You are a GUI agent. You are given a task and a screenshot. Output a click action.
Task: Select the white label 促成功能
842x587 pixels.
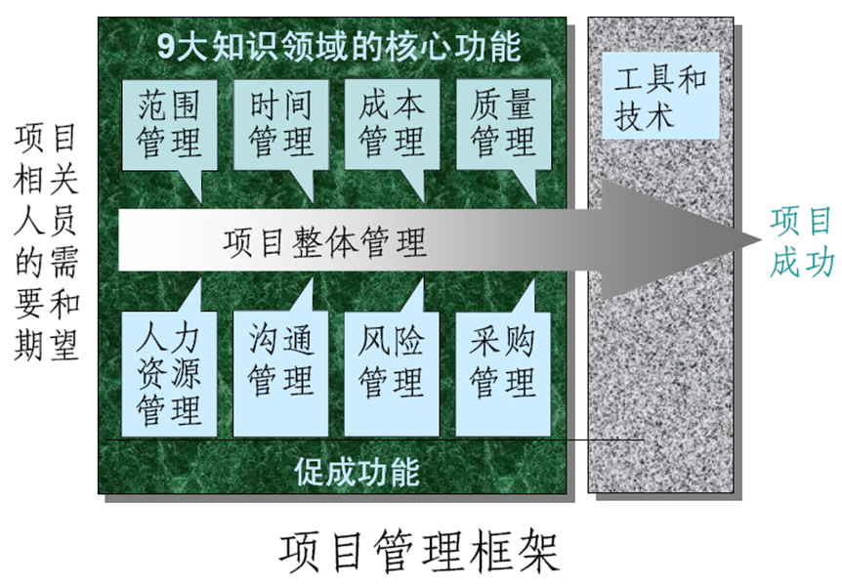point(357,472)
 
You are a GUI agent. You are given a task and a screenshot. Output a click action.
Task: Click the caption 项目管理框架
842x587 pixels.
point(420,552)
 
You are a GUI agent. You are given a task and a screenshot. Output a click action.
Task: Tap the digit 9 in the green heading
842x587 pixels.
point(167,46)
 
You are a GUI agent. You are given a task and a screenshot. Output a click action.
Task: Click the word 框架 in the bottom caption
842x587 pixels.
point(526,552)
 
